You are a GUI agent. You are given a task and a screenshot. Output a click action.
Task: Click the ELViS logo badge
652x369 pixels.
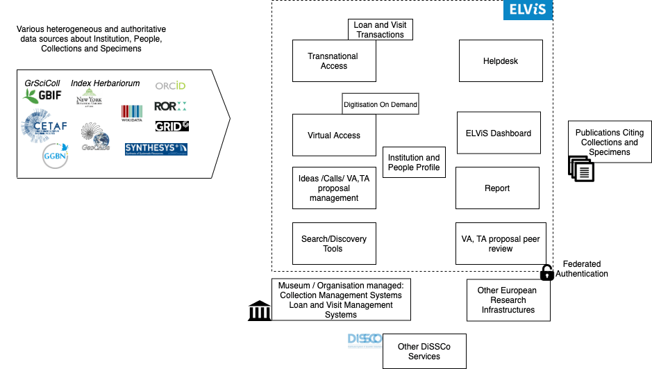pyautogui.click(x=528, y=10)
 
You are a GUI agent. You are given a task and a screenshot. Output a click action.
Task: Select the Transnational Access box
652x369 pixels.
pyautogui.click(x=334, y=61)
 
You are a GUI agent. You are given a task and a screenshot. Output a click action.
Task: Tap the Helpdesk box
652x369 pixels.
pyautogui.click(x=500, y=61)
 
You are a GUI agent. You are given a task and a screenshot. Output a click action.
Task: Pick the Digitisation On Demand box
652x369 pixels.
pyautogui.click(x=381, y=105)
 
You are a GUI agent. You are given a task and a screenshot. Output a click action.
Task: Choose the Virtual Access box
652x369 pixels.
pyautogui.click(x=334, y=136)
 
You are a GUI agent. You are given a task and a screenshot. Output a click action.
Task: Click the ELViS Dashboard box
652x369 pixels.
pyautogui.click(x=498, y=133)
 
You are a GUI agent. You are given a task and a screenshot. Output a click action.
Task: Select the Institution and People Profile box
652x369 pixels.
pyautogui.click(x=414, y=162)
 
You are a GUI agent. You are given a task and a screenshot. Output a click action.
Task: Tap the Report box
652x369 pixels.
pyautogui.click(x=497, y=188)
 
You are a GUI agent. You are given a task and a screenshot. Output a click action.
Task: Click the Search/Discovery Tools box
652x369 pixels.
pyautogui.click(x=334, y=243)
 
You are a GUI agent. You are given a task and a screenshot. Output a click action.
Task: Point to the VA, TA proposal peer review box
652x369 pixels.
pyautogui.click(x=500, y=243)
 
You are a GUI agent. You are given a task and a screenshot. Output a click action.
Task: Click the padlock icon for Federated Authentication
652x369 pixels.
pyautogui.click(x=547, y=272)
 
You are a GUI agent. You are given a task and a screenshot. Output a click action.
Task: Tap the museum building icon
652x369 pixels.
pyautogui.click(x=259, y=311)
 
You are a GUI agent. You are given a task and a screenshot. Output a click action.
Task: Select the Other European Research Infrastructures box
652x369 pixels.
pyautogui.click(x=508, y=300)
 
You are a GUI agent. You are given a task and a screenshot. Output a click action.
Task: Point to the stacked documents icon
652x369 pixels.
pyautogui.click(x=582, y=169)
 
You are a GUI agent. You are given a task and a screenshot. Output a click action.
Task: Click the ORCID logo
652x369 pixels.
pyautogui.click(x=170, y=85)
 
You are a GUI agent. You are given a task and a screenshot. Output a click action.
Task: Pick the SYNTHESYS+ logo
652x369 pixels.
pyautogui.click(x=156, y=149)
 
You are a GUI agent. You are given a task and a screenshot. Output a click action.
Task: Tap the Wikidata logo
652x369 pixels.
pyautogui.click(x=132, y=112)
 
